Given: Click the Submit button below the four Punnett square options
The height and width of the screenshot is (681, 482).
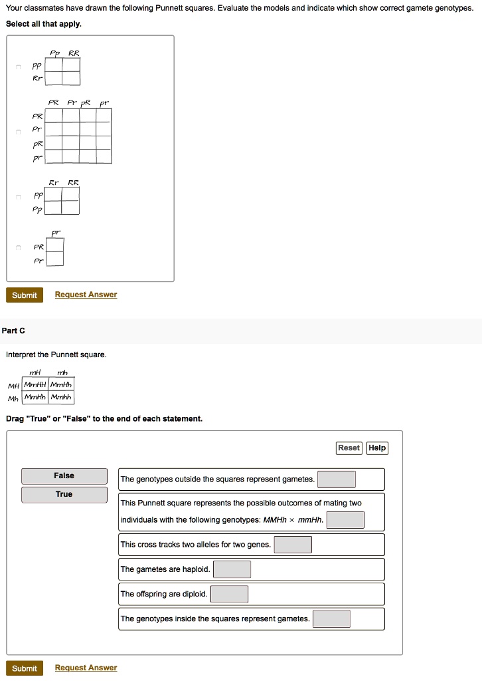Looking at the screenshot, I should tap(25, 295).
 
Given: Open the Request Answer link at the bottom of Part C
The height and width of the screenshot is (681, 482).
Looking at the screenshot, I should tap(86, 668).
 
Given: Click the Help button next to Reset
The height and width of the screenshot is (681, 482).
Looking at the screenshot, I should tap(377, 448).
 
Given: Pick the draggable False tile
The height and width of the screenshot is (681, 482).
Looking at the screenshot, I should tap(64, 476).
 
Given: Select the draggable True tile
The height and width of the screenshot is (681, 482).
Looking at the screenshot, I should tap(64, 495).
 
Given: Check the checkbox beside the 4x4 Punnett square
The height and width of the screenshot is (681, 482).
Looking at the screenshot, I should tap(19, 133).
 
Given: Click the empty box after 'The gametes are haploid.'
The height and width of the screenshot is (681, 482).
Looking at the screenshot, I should tap(232, 569).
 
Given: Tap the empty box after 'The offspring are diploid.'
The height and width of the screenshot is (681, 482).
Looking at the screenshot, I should tap(229, 594).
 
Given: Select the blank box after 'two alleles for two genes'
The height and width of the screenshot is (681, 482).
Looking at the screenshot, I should tap(293, 545).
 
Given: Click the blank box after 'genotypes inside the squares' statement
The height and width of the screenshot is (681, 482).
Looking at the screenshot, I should tap(331, 619).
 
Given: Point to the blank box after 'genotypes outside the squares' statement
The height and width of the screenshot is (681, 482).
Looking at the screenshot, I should tap(336, 479).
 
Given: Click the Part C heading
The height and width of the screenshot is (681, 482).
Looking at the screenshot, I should tap(13, 331).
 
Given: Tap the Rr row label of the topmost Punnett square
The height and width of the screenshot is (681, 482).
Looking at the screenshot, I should tap(38, 78).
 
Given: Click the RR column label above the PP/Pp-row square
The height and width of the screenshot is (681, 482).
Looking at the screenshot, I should tap(73, 182).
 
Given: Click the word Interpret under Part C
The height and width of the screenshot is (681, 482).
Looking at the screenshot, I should tap(21, 354).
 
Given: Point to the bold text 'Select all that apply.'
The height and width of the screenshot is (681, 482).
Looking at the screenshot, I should tap(44, 23).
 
